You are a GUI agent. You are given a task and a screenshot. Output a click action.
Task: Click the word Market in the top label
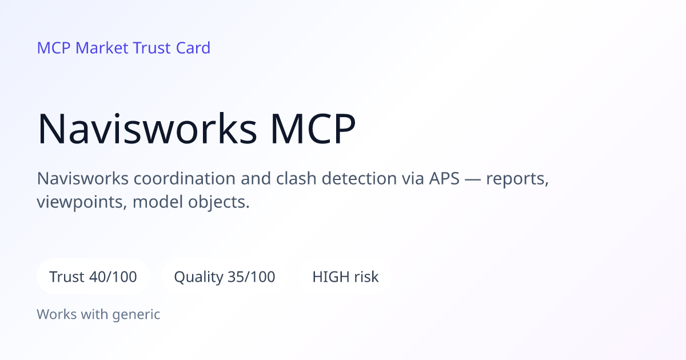pos(102,48)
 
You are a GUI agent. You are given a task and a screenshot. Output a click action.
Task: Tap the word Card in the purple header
pos(193,48)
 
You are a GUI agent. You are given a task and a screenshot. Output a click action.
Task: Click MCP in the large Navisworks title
pos(313,129)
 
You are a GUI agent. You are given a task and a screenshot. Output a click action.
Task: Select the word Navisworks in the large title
pos(147,129)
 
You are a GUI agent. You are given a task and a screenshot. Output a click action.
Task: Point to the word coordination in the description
pos(185,178)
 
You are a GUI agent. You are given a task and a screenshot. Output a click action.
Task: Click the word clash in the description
pos(296,178)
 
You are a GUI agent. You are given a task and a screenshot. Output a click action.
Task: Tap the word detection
pos(359,178)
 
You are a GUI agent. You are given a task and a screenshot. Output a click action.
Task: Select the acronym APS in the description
pos(444,178)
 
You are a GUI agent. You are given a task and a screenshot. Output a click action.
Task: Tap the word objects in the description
pos(218,203)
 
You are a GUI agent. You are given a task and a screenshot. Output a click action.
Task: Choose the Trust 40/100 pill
pos(93,277)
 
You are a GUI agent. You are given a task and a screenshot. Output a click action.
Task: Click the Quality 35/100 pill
pos(225,277)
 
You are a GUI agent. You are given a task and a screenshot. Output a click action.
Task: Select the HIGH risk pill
pos(345,277)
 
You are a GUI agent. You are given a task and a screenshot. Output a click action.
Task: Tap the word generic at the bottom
pos(136,315)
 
